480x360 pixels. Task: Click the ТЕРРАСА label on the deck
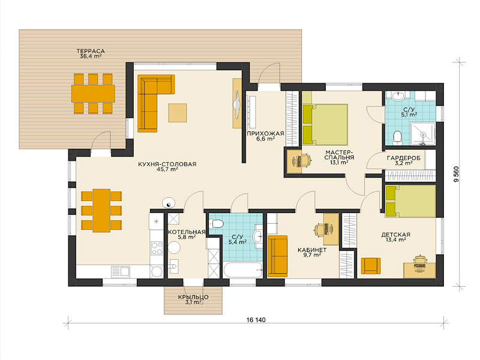(91, 51)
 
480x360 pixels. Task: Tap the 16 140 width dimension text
(256, 320)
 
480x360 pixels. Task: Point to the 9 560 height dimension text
(457, 174)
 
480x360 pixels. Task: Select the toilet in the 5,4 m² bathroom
(216, 223)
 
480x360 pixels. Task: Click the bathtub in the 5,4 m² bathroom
(243, 269)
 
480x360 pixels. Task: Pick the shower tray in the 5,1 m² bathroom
(423, 134)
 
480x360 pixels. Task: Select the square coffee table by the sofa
(177, 113)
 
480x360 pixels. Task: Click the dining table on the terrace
(93, 94)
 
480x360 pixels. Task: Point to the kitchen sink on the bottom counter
(121, 272)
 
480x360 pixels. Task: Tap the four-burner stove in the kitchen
(157, 248)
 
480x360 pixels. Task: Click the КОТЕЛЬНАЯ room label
(187, 232)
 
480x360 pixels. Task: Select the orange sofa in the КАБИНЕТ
(277, 256)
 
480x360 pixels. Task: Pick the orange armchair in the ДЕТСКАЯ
(371, 266)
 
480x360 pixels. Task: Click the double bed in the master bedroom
(325, 125)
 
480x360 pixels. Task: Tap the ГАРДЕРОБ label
(403, 158)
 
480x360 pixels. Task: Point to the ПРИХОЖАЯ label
(265, 133)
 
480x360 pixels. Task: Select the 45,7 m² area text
(167, 169)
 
